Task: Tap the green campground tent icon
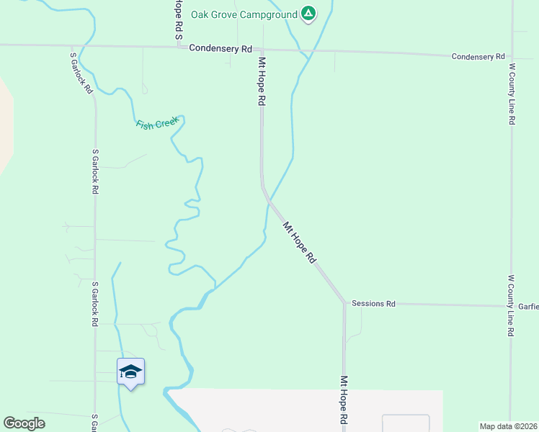click(x=308, y=13)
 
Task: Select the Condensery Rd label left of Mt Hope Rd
click(x=220, y=48)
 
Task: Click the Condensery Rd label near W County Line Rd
click(x=478, y=56)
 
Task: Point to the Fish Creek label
click(x=156, y=123)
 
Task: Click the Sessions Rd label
click(x=373, y=304)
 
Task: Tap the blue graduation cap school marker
click(x=130, y=372)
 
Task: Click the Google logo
click(x=24, y=423)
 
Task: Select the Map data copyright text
click(x=509, y=426)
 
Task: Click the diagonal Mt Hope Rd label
click(x=300, y=242)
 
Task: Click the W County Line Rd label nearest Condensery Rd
click(x=512, y=94)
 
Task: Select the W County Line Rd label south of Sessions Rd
click(x=511, y=305)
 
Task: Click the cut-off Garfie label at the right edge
click(x=528, y=306)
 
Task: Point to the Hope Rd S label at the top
click(x=177, y=19)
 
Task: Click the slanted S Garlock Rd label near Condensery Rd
click(x=81, y=73)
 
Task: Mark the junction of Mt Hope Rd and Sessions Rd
click(x=344, y=303)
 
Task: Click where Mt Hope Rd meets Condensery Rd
click(x=262, y=50)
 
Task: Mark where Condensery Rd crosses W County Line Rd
click(x=512, y=56)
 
